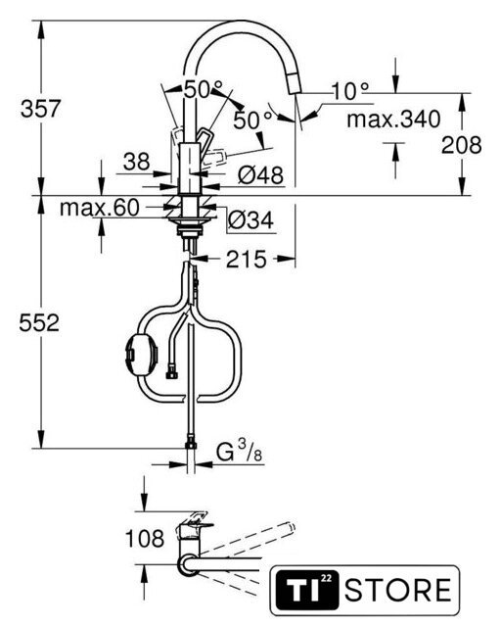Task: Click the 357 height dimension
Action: [x=40, y=109]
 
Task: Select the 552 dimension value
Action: [x=39, y=322]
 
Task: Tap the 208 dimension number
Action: [x=461, y=145]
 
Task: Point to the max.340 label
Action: [x=393, y=119]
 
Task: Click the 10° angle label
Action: [x=350, y=91]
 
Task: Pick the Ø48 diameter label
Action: [x=260, y=174]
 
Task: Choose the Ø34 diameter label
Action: [x=250, y=219]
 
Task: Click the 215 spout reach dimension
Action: [x=247, y=259]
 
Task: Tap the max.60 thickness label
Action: [x=100, y=208]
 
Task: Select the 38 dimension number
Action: [x=137, y=162]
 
